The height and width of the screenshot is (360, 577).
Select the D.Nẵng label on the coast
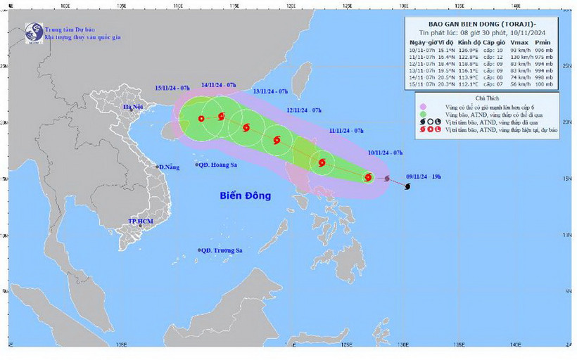pos(170,167)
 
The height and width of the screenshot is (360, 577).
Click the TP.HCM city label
pos(141,221)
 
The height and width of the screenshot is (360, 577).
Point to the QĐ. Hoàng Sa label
pos(220,166)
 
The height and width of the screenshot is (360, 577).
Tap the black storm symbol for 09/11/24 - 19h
pos(408,186)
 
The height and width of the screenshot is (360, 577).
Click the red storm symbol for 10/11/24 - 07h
pos(367,177)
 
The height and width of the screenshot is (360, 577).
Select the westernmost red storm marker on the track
pos(201,119)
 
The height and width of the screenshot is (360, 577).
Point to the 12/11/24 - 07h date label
pos(304,110)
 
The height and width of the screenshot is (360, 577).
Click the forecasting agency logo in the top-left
pos(33,32)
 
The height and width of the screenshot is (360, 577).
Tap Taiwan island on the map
pos(303,78)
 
